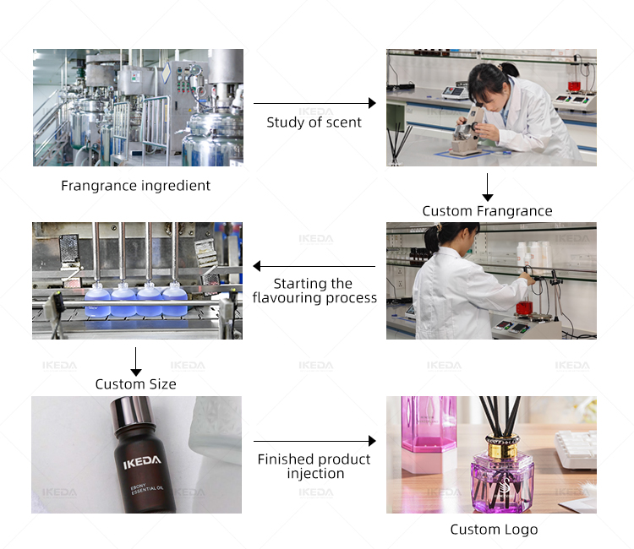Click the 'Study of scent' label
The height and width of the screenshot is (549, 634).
click(x=314, y=122)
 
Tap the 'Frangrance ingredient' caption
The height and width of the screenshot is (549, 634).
click(x=135, y=186)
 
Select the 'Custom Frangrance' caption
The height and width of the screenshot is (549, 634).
click(x=487, y=211)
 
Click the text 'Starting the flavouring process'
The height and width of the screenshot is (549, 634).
click(x=314, y=291)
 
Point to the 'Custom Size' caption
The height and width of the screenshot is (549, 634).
click(x=135, y=383)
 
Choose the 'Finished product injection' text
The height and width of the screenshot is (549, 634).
click(x=314, y=466)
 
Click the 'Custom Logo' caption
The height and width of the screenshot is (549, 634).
click(x=494, y=530)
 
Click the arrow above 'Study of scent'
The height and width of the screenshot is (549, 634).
click(x=314, y=103)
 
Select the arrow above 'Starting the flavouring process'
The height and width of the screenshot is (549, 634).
click(x=314, y=266)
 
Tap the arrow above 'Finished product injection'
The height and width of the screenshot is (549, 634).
click(x=314, y=441)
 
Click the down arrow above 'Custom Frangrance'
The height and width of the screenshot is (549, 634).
click(x=488, y=188)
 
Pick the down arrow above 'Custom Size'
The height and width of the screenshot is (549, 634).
click(x=136, y=361)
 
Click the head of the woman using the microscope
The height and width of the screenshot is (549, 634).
click(x=490, y=84)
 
